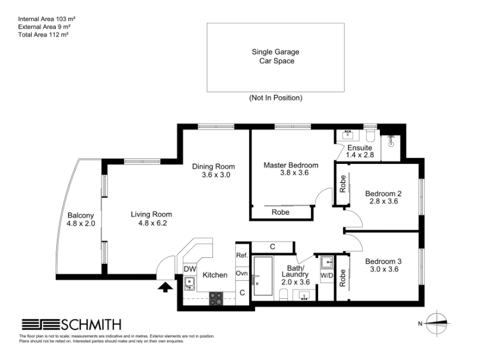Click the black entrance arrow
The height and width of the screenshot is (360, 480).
(166, 287)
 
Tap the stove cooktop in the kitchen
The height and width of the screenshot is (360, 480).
(216, 298)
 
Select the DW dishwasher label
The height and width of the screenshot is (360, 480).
(190, 269)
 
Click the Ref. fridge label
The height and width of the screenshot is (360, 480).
(242, 255)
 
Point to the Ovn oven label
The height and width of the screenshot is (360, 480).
(242, 273)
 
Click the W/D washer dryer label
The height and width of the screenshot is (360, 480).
(326, 275)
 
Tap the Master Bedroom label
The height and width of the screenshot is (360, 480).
(291, 166)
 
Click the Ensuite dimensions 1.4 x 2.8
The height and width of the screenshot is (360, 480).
(359, 155)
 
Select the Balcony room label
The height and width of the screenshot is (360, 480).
(80, 215)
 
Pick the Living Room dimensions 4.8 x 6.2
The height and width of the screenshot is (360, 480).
(152, 223)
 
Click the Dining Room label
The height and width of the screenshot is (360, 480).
(214, 167)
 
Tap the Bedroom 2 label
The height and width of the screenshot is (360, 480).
(383, 193)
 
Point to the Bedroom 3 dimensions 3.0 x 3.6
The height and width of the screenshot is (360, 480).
(384, 269)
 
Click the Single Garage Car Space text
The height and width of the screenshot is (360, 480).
(275, 56)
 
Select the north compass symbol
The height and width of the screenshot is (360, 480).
(437, 323)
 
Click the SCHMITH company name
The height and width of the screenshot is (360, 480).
(91, 325)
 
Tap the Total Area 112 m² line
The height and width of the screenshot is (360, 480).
(43, 35)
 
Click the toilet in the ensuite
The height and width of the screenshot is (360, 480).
(370, 136)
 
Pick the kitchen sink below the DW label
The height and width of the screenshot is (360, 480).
(190, 283)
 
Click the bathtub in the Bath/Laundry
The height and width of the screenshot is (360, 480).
(263, 276)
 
